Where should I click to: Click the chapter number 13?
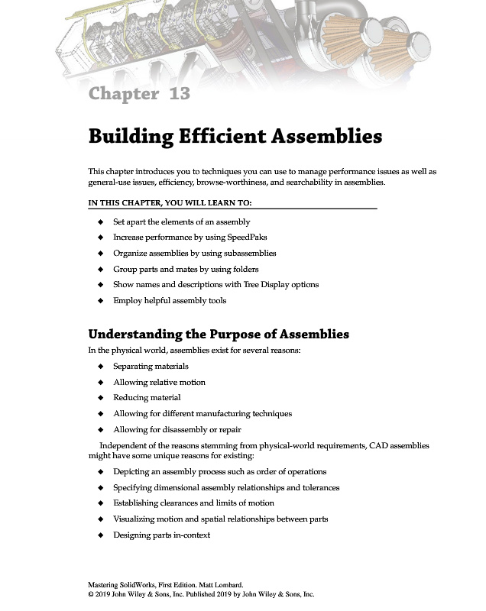point(180,94)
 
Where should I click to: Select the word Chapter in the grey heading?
point(122,94)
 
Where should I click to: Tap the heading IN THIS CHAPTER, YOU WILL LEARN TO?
point(170,203)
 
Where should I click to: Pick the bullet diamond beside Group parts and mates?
point(100,269)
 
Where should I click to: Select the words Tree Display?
point(253,285)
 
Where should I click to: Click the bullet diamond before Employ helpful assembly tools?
point(100,301)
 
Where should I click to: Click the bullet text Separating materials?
point(151,367)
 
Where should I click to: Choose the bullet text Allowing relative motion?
point(159,382)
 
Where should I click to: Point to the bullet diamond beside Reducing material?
point(100,398)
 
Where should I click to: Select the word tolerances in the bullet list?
point(319,487)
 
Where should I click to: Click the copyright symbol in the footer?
point(91,593)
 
